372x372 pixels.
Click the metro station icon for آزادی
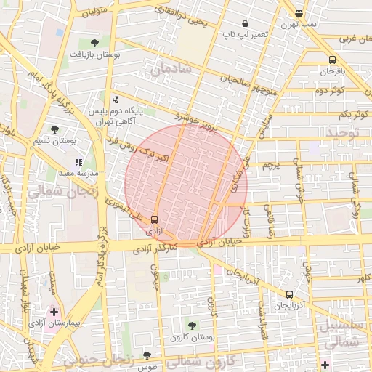(x=154, y=220)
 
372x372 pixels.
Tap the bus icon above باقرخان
(x=332, y=60)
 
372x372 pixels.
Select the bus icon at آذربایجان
(x=290, y=295)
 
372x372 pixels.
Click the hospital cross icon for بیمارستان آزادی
(x=54, y=311)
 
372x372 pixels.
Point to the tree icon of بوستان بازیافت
(x=95, y=43)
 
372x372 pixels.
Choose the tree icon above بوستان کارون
(x=192, y=326)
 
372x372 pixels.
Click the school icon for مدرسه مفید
(x=78, y=163)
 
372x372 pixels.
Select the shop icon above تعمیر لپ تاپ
(x=246, y=23)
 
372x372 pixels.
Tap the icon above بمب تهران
(x=299, y=13)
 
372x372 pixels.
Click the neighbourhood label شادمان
(x=171, y=69)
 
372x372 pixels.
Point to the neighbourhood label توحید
(x=342, y=133)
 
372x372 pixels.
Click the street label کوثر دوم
(x=328, y=90)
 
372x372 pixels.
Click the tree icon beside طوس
(x=147, y=355)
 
